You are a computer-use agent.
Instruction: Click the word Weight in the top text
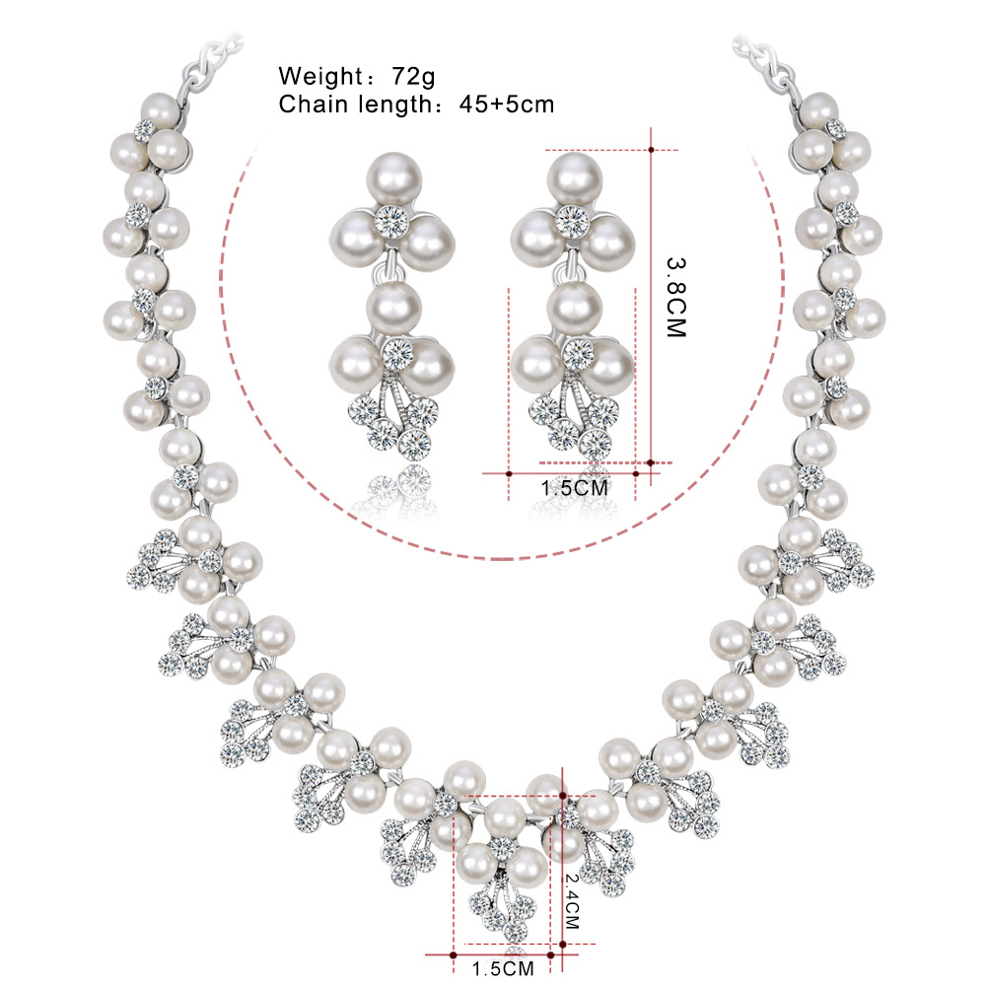(320, 77)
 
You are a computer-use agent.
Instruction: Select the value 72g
(413, 77)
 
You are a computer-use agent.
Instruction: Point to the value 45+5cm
(506, 105)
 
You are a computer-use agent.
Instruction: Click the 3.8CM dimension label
(676, 297)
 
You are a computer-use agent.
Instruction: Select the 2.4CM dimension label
(572, 901)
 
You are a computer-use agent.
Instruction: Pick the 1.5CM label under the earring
(575, 487)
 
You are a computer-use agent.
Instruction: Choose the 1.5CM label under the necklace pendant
(503, 968)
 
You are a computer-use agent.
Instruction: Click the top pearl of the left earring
(393, 178)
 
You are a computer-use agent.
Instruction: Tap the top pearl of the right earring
(574, 178)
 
